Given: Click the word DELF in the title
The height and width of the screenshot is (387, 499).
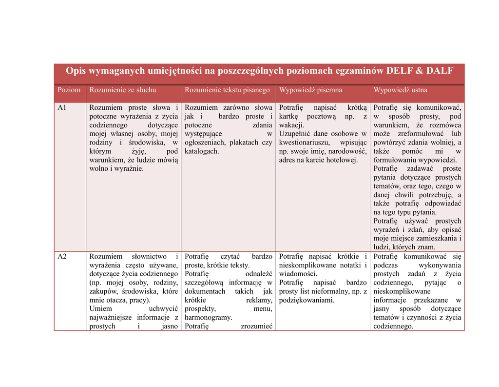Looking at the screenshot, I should [400, 71].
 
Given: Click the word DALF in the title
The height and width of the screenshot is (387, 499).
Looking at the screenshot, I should [440, 71].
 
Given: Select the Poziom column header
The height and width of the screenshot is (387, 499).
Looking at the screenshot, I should [69, 90].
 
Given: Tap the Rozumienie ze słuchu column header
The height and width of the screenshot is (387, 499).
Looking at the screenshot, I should [123, 90].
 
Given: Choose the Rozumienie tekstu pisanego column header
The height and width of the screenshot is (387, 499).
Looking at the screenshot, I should [227, 90].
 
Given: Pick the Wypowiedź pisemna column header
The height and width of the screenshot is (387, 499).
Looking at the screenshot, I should [310, 90].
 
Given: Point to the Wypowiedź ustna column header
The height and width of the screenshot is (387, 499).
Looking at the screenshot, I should [400, 90].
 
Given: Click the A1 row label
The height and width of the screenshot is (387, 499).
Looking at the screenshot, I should [62, 107].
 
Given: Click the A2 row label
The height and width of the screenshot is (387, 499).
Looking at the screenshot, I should [62, 257].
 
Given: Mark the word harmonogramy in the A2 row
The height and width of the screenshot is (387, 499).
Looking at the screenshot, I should [208, 318].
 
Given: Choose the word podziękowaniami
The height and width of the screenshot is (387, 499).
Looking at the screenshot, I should [307, 300].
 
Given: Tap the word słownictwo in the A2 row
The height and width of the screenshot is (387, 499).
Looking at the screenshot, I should [149, 257].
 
